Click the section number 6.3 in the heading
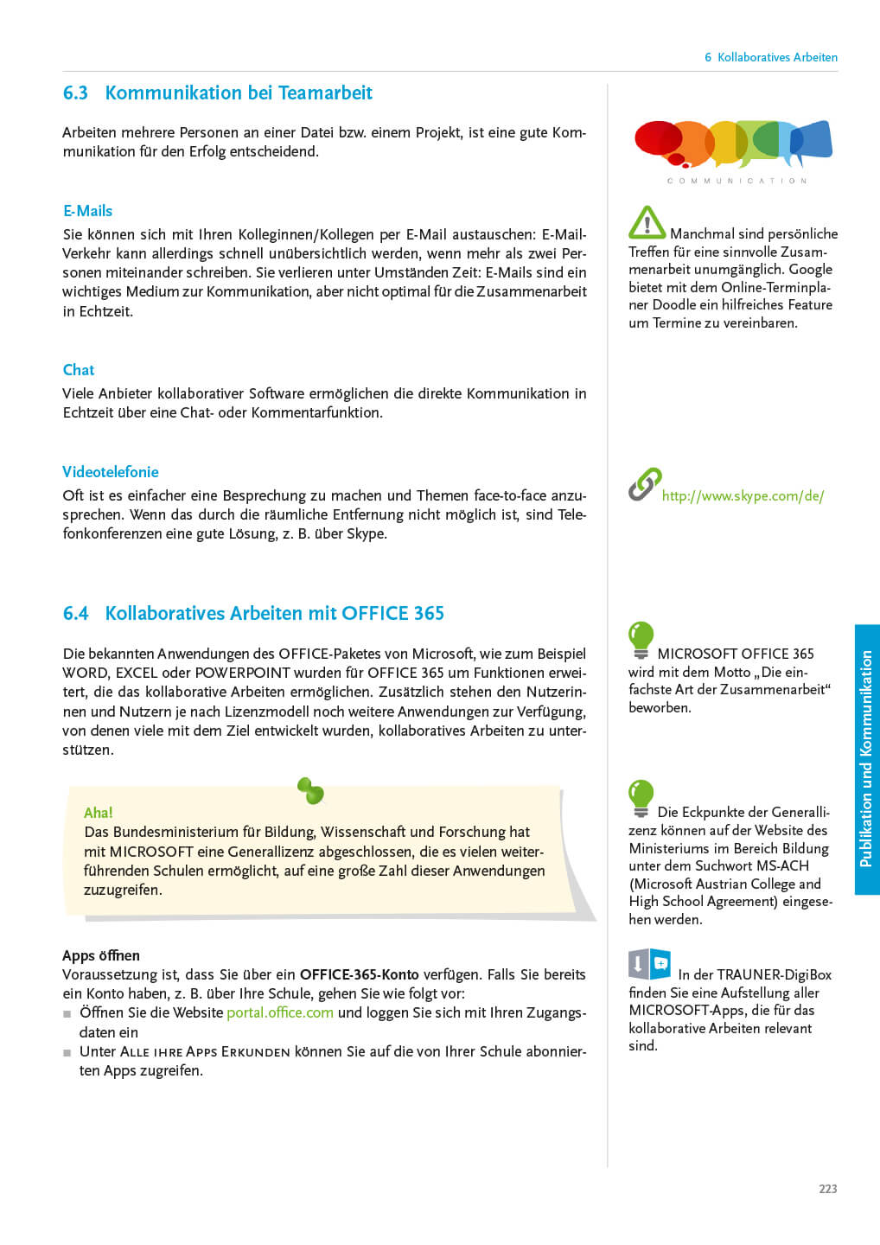[75, 93]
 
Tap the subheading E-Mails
[87, 211]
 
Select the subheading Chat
[79, 370]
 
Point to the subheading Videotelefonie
[111, 472]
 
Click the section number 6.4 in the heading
[75, 614]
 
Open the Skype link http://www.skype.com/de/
[743, 496]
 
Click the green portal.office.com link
[280, 1012]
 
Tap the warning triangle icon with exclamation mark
[647, 223]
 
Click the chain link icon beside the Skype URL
[645, 484]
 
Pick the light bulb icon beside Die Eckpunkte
[641, 798]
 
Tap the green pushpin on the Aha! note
[310, 789]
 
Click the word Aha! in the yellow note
[99, 813]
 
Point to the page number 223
[827, 1189]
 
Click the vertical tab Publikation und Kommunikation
[866, 759]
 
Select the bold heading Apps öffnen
[101, 955]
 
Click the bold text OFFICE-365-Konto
[359, 974]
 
